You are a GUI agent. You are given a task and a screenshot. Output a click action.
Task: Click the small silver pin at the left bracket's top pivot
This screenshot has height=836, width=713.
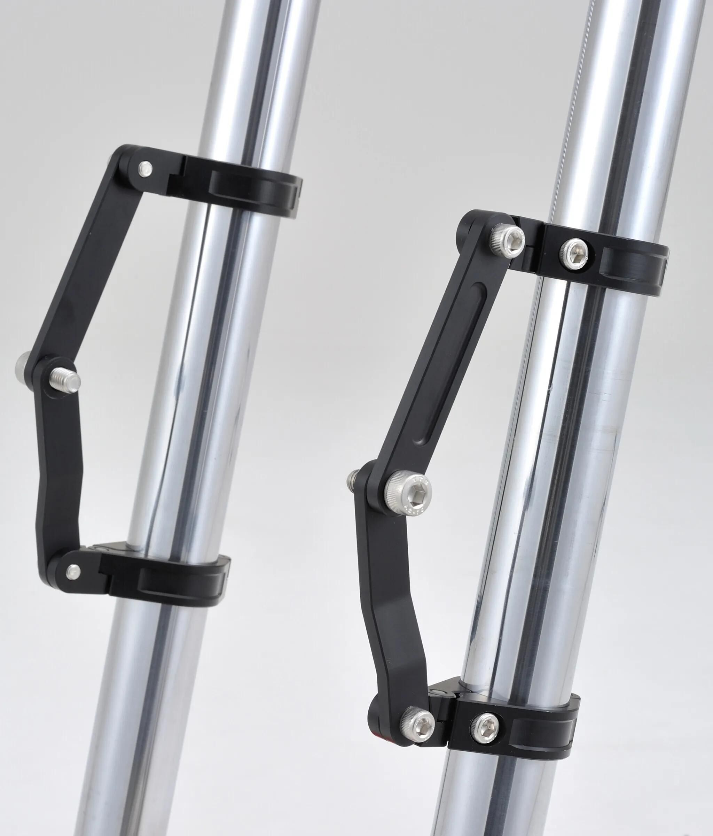(x=145, y=169)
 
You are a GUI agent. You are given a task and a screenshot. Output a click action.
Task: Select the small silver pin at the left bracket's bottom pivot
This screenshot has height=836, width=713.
(x=73, y=571)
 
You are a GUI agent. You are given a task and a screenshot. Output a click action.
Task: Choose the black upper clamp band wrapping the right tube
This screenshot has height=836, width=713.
(x=629, y=262)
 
